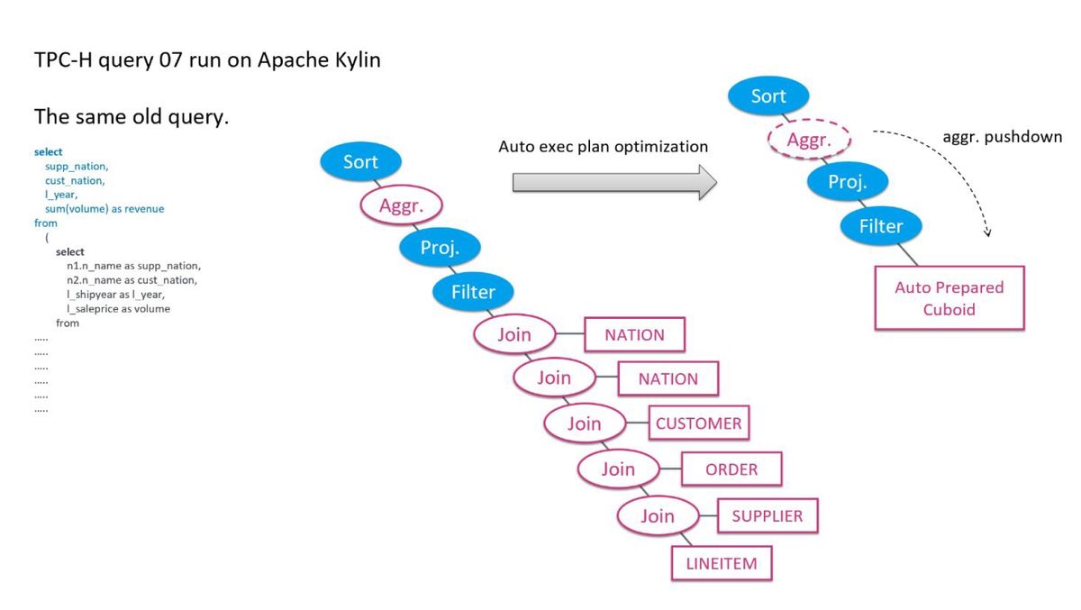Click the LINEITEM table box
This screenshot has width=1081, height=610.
click(722, 563)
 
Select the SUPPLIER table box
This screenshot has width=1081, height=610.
click(768, 516)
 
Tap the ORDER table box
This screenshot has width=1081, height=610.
click(731, 469)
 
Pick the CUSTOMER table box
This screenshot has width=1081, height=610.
click(699, 423)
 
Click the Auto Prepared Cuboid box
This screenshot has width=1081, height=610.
click(949, 298)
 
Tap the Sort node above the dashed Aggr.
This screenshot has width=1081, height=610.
click(768, 96)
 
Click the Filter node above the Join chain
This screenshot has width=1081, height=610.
click(473, 292)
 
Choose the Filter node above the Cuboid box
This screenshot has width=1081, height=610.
click(881, 226)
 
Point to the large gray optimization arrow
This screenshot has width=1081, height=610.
click(614, 182)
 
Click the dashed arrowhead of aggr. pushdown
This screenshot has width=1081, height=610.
click(987, 233)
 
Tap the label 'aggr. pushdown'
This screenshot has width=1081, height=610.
click(1003, 137)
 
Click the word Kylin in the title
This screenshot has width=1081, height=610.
click(358, 59)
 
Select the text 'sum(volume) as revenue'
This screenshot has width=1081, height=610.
click(104, 209)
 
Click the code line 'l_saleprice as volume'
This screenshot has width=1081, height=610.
click(118, 309)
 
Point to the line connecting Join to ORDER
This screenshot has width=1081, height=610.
click(670, 469)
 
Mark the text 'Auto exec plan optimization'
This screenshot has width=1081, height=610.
click(603, 146)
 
